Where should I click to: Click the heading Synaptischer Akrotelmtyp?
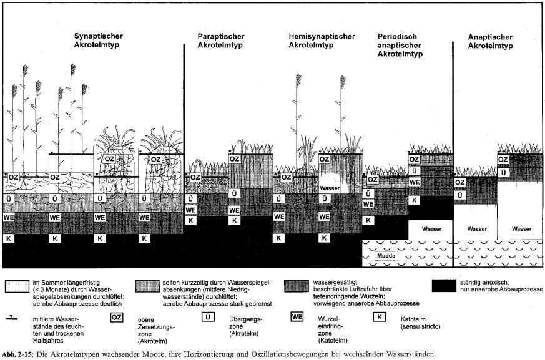click(98, 41)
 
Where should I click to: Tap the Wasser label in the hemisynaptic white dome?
click(330, 187)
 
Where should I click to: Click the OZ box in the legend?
click(115, 318)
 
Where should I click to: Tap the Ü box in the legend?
click(222, 318)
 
